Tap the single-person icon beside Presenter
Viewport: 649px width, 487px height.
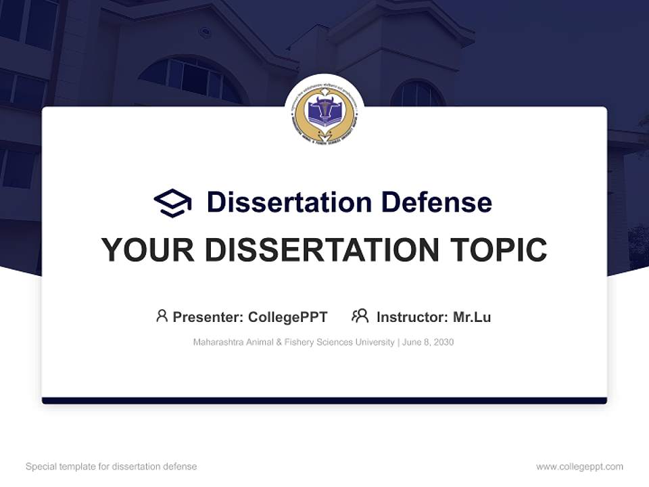point(162,316)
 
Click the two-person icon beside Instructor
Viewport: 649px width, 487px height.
point(360,316)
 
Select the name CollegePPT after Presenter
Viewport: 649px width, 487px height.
point(287,317)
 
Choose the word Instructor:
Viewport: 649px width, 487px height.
point(412,317)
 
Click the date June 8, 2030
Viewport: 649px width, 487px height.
point(428,342)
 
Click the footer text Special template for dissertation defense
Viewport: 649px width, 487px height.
point(111,467)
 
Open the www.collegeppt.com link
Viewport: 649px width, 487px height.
point(579,467)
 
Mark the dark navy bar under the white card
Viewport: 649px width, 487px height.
point(324,400)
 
